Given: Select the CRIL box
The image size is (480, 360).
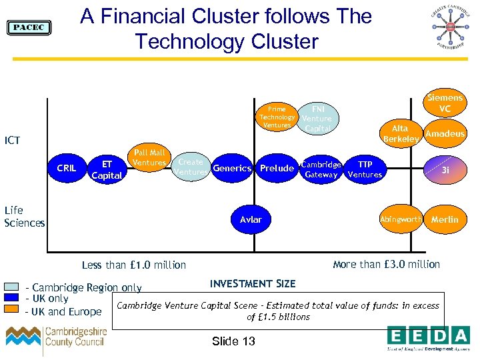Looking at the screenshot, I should (67, 169).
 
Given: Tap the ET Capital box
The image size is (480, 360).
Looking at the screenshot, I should (107, 169).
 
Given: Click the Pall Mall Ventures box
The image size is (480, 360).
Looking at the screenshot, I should (149, 158).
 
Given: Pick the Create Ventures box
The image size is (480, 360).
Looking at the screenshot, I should (191, 167).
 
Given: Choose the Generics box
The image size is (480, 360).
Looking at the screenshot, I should (232, 169).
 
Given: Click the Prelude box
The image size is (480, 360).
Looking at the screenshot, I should (277, 169).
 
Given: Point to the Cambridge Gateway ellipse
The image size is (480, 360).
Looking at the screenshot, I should (321, 169).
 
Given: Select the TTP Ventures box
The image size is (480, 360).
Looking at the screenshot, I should (365, 169).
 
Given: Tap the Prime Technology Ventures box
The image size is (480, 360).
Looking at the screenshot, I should (277, 117).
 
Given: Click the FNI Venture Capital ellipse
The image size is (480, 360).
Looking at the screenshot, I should (317, 118).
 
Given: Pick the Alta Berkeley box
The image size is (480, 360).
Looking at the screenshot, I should (400, 133).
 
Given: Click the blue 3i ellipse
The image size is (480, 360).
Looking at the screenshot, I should (445, 169).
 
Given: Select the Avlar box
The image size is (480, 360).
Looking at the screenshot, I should (251, 219).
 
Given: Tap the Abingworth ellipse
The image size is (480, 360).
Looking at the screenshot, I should (401, 219).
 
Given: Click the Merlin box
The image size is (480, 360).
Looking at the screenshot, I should (445, 219).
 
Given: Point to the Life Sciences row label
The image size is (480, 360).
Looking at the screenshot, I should (25, 217).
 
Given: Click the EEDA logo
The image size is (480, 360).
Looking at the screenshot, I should (429, 337).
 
